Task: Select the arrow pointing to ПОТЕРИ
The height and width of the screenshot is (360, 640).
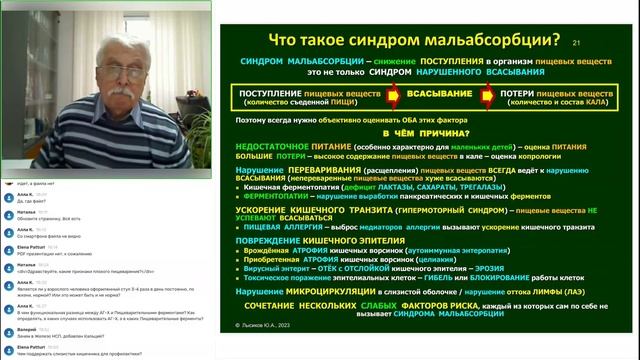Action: (x=489, y=99)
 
